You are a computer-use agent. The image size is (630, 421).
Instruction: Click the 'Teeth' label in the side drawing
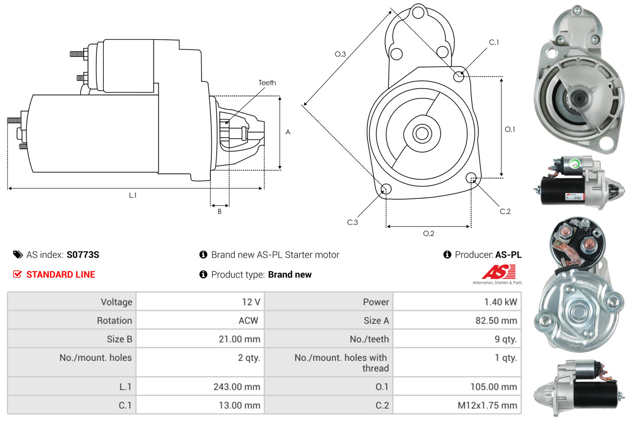(267, 83)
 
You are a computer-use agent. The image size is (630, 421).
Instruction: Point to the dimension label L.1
(133, 195)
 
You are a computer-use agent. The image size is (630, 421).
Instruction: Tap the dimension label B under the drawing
(220, 211)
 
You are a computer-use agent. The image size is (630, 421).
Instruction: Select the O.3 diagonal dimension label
(340, 54)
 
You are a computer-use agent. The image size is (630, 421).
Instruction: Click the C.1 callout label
(494, 42)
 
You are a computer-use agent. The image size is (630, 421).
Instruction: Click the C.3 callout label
(353, 222)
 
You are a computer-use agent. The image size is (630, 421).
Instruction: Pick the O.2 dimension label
(428, 234)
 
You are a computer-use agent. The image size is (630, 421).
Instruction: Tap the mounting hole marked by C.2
(472, 178)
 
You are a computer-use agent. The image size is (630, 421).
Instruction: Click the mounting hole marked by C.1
(459, 76)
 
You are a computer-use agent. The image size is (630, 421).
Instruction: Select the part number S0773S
(83, 255)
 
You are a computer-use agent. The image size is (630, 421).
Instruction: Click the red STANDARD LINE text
(61, 275)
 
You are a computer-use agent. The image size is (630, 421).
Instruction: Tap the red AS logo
(499, 272)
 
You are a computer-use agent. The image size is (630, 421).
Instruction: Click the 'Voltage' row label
(116, 302)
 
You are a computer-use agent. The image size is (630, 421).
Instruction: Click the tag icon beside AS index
(18, 255)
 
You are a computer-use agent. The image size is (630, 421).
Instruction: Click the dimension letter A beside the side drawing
(288, 132)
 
